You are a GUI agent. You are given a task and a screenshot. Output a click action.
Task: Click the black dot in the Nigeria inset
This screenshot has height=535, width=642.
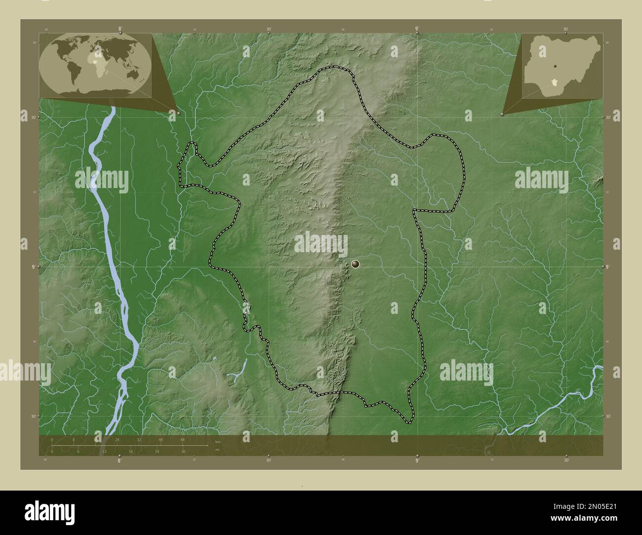(x=556, y=66)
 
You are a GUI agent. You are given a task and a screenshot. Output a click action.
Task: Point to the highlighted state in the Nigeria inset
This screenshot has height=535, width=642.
(x=557, y=82)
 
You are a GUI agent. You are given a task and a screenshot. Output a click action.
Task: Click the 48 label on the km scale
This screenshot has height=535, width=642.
(x=182, y=439)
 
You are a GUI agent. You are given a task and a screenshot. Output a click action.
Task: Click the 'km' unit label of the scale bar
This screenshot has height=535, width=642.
(x=217, y=441)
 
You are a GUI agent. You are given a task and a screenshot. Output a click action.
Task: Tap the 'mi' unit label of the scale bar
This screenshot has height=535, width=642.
(x=217, y=450)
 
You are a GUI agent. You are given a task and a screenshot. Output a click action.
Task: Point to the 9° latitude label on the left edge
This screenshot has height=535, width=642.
(x=33, y=267)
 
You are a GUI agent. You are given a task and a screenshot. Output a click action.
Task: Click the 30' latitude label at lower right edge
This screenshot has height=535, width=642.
(x=608, y=417)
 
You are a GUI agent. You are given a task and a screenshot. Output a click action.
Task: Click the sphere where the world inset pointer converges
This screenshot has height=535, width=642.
(x=178, y=113)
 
